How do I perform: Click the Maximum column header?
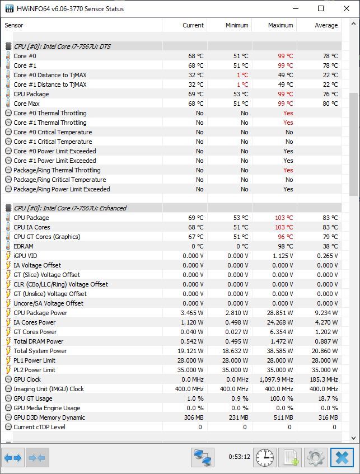click(x=280, y=25)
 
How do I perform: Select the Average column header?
click(x=326, y=25)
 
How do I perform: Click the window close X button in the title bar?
click(x=347, y=8)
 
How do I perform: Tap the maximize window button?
click(x=321, y=8)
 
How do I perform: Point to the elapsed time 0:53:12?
click(x=239, y=457)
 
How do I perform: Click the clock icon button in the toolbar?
click(x=265, y=457)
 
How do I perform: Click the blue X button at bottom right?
click(x=342, y=457)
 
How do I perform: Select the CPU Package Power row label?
click(x=40, y=313)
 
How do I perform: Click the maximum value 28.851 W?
click(x=280, y=313)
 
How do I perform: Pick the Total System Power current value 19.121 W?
click(x=190, y=351)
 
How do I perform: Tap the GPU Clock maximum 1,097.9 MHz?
click(x=276, y=379)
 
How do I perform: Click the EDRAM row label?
click(x=24, y=246)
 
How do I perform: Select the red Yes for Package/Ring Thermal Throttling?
click(x=288, y=170)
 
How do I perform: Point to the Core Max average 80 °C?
click(x=330, y=104)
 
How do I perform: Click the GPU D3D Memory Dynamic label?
click(x=49, y=417)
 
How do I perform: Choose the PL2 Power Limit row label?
click(x=34, y=370)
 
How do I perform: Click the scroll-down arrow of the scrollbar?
click(x=353, y=438)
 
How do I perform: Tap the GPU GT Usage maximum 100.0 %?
click(x=282, y=398)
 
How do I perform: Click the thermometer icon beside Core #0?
click(x=8, y=56)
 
